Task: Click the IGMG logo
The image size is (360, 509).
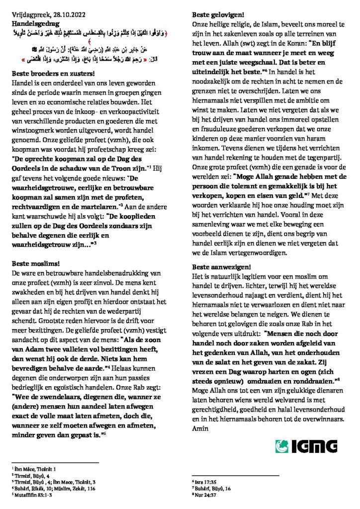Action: (x=306, y=445)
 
